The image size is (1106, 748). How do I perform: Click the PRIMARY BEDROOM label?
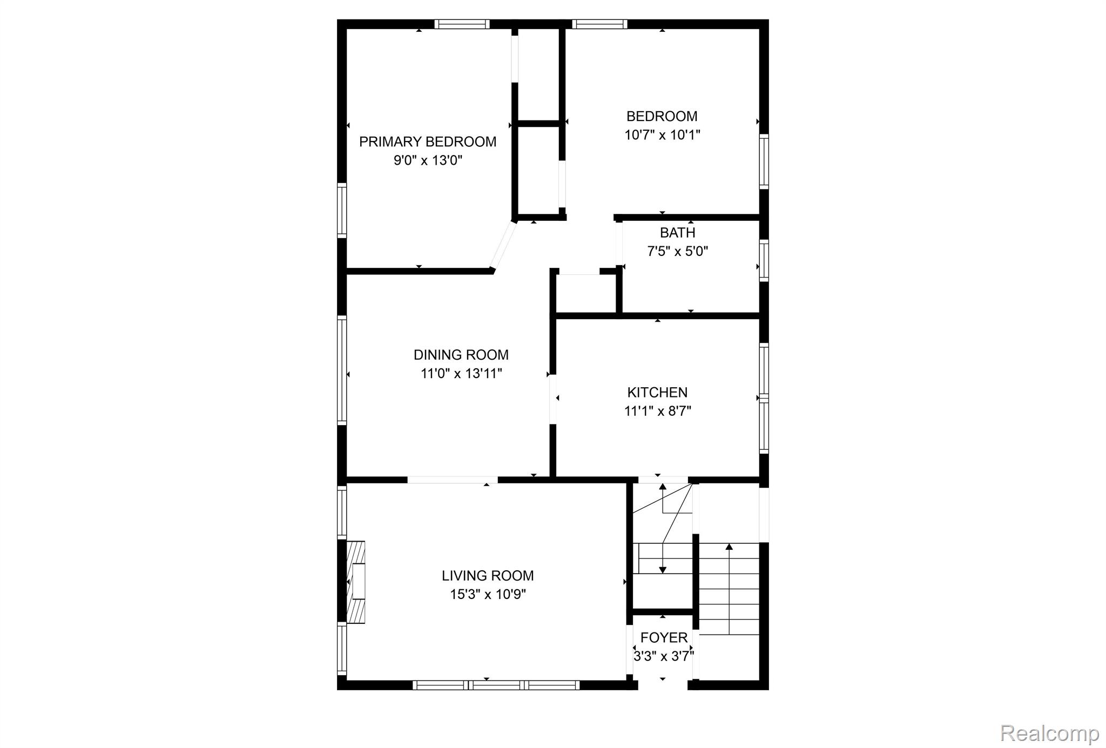point(427,141)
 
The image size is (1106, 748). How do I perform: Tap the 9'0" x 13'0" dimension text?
point(428,160)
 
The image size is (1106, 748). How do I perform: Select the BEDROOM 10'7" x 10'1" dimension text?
point(662,134)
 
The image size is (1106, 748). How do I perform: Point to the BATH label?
point(677,233)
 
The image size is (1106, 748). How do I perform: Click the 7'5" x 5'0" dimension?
point(677,251)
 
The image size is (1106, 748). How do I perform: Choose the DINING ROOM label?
point(461,355)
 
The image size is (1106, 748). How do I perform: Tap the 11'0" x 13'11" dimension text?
point(461,373)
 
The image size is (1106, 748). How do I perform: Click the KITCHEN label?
point(657,393)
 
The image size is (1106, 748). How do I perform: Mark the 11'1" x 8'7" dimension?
point(657,411)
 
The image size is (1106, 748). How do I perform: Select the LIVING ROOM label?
point(488,576)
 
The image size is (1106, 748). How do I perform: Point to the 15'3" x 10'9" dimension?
point(488,594)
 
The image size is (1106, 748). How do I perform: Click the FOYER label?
point(664,638)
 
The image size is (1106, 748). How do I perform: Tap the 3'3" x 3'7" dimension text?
point(664,656)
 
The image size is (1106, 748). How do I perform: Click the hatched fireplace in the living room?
point(355,582)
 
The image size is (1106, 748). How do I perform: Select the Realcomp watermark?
point(1049,733)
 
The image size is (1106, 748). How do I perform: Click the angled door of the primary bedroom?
point(503,246)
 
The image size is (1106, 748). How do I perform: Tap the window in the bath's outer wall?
point(764,260)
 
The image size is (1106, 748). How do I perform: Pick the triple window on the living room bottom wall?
point(496,685)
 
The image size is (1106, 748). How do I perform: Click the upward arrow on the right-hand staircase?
point(729,589)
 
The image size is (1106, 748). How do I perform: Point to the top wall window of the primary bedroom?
point(462,24)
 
